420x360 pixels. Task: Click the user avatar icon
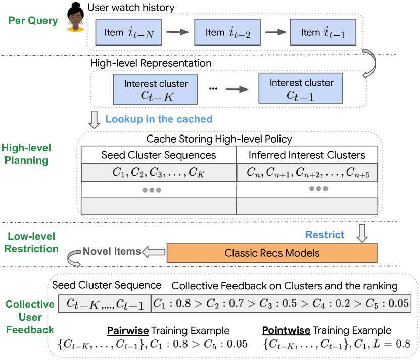[x=75, y=17]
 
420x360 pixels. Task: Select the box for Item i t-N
[x=128, y=32]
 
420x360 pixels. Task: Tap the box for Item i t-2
[x=227, y=32]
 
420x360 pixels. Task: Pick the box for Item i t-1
[x=323, y=32]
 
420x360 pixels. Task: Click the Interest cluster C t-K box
[x=155, y=89]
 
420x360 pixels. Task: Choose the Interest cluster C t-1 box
[x=301, y=88]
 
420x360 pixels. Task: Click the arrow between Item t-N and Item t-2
[x=178, y=32]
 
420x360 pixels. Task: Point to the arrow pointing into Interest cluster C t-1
[x=237, y=89]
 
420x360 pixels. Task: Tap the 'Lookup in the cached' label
[x=159, y=119]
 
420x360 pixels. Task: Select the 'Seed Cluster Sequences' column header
[x=159, y=155]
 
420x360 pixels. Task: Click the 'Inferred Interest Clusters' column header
[x=307, y=155]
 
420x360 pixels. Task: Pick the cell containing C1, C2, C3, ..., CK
[x=159, y=172]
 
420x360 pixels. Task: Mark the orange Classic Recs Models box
[x=272, y=253]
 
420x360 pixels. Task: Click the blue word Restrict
[x=324, y=235]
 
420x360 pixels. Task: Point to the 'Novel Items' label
[x=112, y=251]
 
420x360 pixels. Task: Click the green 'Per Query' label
[x=33, y=21]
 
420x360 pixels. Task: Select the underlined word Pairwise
[x=128, y=331]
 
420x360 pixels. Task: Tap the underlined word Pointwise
[x=286, y=330]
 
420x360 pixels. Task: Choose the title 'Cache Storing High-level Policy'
[x=219, y=139]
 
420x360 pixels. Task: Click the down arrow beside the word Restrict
[x=362, y=234]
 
